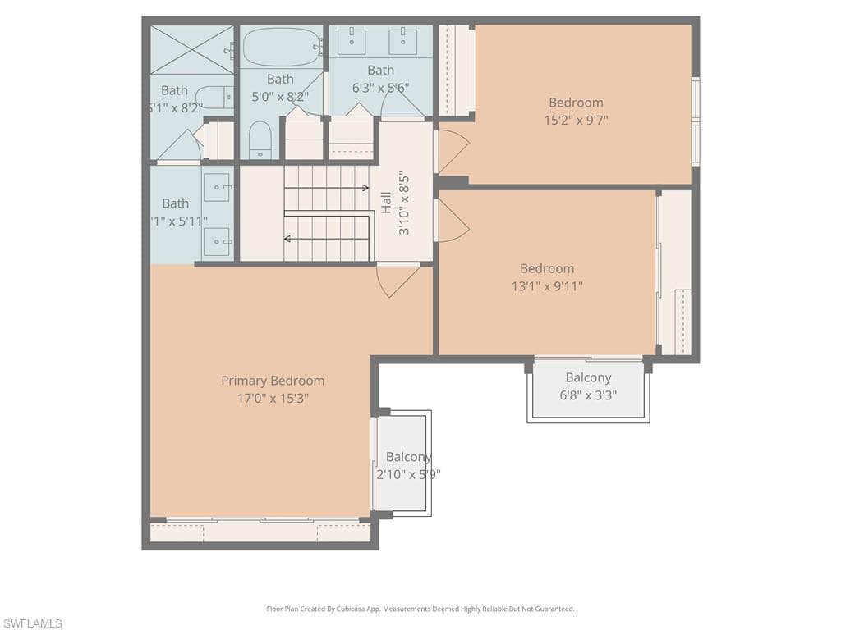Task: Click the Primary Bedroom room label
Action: point(273,381)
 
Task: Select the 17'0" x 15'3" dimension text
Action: point(273,399)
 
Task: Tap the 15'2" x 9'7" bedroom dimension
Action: point(576,121)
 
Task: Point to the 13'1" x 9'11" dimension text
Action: point(547,286)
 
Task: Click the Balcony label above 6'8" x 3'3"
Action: point(588,377)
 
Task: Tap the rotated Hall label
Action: point(386,203)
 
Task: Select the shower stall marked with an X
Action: point(192,49)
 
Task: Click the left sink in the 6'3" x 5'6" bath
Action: point(352,41)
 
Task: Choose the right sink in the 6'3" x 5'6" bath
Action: point(402,41)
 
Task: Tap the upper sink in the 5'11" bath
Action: point(217,187)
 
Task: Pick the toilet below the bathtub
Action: point(260,140)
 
